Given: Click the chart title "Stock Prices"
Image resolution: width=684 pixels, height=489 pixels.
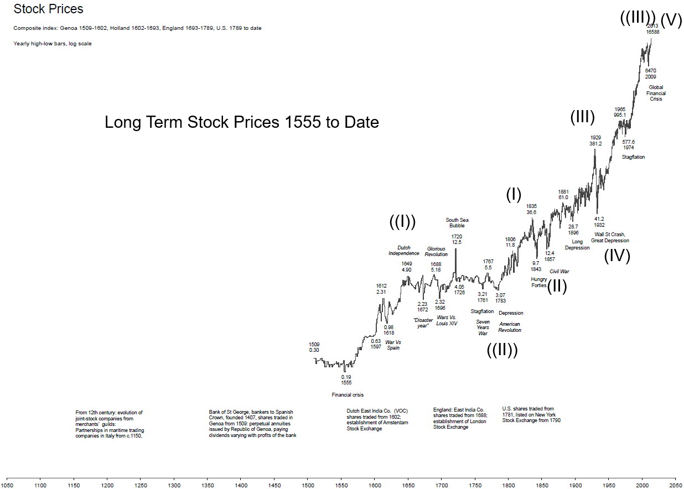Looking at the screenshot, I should point(48,9).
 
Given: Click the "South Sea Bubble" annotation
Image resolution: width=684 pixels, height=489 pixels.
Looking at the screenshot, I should point(457,223).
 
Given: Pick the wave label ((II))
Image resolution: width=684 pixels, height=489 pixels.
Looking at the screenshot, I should point(502,350).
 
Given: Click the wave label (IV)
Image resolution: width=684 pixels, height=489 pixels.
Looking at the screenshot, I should point(616,256).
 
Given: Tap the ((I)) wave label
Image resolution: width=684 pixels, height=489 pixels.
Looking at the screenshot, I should point(402,222).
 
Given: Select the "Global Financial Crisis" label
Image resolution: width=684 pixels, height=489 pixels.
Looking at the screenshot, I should point(656,93).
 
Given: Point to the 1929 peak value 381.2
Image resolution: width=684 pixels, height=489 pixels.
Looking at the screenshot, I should point(595,144).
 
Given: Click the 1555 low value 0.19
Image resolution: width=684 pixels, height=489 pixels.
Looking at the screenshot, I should point(346,377).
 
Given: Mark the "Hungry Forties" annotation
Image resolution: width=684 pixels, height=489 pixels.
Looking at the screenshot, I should point(538,282).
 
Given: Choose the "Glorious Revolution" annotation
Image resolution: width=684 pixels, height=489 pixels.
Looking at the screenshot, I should point(436,252).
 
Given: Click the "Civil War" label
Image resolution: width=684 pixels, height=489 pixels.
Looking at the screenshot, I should point(559,272).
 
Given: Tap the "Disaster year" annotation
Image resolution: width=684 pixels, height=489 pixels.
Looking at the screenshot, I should point(423,323).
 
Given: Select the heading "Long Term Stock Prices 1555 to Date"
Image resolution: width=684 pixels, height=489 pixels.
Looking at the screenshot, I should point(242,122).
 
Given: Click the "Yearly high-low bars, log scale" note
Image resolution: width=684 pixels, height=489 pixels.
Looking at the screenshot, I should point(53,44).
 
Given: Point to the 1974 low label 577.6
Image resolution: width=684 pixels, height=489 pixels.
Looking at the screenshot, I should point(628,142).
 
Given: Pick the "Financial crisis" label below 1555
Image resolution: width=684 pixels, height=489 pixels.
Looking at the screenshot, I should point(348,395).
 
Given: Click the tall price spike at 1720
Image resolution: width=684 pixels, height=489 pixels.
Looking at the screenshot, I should point(455,260).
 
